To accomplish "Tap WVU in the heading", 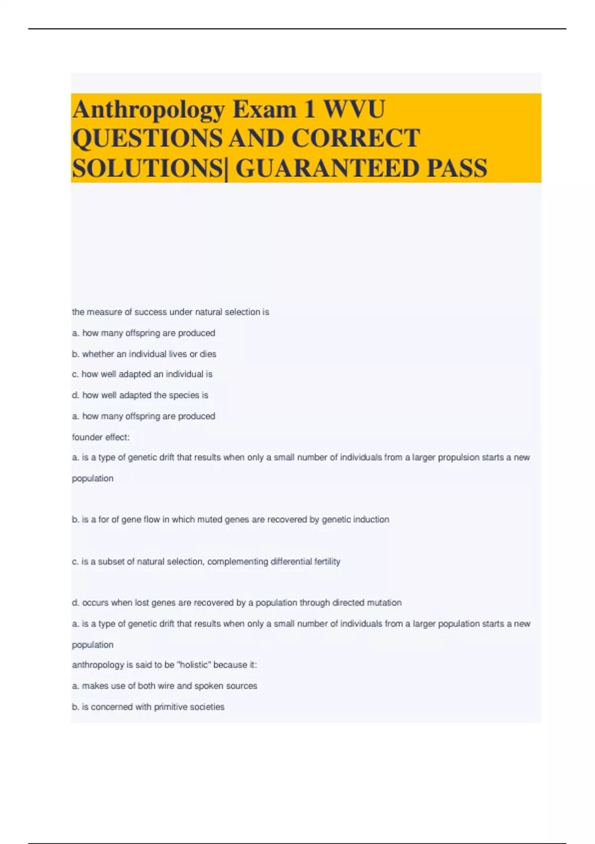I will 354,109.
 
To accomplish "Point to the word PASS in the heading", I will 457,168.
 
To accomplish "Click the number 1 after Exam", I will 310,109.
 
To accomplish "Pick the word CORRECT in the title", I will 356,139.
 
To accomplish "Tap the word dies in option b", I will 208,354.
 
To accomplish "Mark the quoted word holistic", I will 194,665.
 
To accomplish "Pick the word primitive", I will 174,707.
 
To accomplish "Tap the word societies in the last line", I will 210,707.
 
